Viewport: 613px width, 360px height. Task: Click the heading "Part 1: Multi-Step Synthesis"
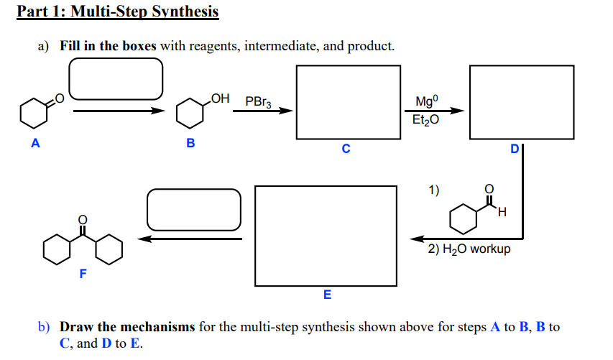click(118, 12)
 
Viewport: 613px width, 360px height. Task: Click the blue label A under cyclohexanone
click(34, 142)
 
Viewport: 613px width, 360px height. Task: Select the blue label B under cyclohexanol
click(190, 142)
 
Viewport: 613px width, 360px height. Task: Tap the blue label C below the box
click(346, 149)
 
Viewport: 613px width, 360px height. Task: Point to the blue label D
click(514, 149)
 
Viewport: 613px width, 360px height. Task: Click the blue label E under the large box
click(327, 295)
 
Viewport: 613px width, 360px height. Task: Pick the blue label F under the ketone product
click(83, 273)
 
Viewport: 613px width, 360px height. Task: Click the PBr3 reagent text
click(259, 102)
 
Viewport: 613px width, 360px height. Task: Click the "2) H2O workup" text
click(469, 249)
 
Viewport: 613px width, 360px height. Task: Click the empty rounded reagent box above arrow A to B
click(116, 78)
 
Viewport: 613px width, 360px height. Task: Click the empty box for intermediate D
click(521, 101)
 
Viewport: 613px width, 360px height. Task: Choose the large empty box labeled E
click(326, 236)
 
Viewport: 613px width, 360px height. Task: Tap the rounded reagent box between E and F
click(193, 209)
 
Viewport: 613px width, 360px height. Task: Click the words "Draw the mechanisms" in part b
click(127, 327)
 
